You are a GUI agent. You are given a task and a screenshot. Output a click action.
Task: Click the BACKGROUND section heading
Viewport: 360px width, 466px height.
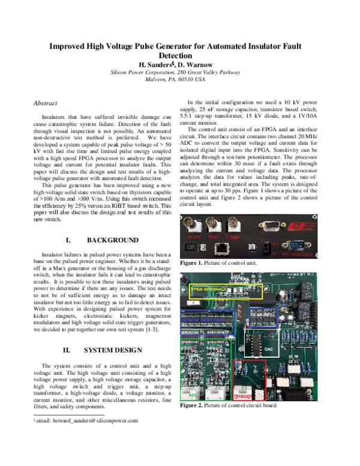[112, 240]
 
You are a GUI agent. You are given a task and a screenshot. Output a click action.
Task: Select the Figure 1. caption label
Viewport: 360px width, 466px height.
[194, 263]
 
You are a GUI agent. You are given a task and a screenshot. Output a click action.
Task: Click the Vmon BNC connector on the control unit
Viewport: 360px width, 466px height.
[194, 226]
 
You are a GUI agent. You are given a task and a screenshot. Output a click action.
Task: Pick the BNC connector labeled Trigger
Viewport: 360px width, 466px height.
[230, 226]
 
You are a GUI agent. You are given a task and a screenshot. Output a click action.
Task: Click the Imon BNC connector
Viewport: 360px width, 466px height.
[212, 226]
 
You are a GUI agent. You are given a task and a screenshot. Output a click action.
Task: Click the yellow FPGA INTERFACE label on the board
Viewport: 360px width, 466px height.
[209, 289]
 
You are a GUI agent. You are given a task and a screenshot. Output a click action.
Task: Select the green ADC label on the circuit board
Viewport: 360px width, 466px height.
[193, 396]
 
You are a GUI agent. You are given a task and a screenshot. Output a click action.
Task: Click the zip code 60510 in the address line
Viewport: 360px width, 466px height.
[189, 79]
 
